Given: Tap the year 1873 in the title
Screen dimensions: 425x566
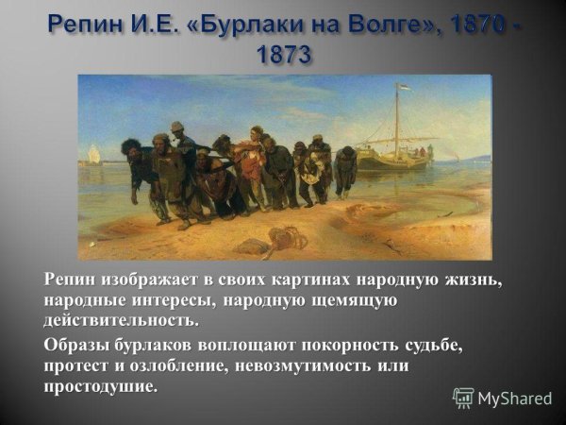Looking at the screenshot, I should click(x=282, y=54).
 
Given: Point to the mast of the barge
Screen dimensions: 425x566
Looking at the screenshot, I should click(x=397, y=118).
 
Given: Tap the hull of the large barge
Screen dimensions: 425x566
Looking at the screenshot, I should click(x=396, y=160).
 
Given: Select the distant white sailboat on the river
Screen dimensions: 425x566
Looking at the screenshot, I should click(x=94, y=155).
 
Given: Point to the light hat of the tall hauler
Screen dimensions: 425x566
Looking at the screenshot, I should click(x=177, y=126).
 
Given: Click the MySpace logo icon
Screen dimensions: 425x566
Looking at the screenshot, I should click(x=463, y=398).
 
